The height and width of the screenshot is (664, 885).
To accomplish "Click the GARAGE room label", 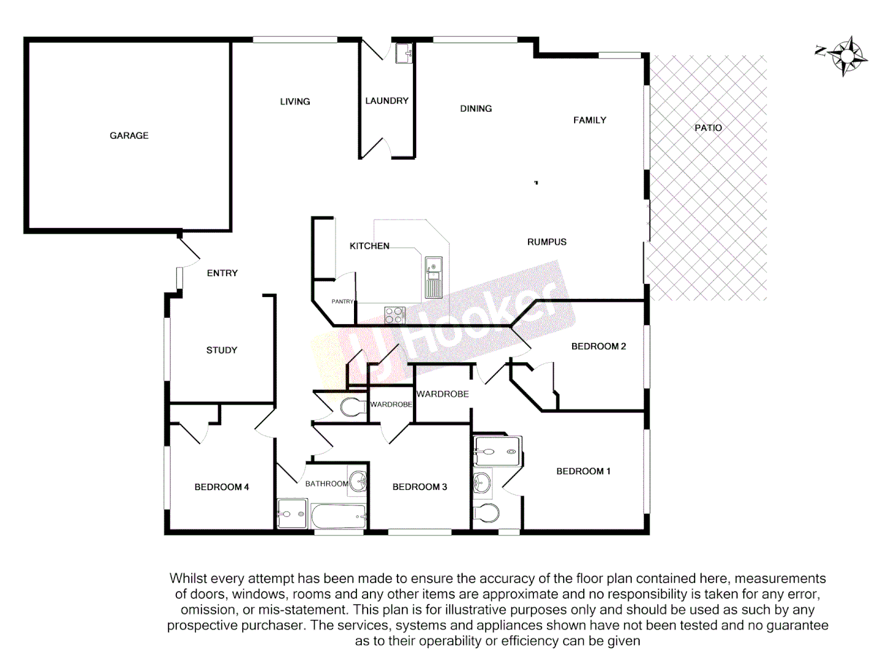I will click(x=129, y=135).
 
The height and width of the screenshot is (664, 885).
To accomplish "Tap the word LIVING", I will click(x=295, y=101).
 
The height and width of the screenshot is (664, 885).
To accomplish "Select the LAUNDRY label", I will click(x=387, y=101).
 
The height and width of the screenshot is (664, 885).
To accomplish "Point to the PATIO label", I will click(x=708, y=128).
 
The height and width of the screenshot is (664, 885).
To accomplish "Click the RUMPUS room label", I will click(x=546, y=242).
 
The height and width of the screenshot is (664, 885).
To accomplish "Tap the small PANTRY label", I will click(x=342, y=301).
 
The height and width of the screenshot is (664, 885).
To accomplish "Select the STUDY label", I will click(x=221, y=350).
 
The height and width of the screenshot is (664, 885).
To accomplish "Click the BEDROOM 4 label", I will click(x=221, y=487).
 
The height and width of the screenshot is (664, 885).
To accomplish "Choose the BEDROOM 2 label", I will click(x=599, y=347).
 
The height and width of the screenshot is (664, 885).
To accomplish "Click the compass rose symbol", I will click(x=846, y=56).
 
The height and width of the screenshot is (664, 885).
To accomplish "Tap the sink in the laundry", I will click(x=404, y=53).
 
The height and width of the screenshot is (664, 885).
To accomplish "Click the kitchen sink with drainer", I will click(x=433, y=277).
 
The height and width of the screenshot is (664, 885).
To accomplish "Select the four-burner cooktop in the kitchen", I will click(x=394, y=315).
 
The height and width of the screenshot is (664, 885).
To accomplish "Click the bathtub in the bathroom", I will click(x=338, y=516).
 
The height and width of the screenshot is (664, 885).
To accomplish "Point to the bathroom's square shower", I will click(x=291, y=513).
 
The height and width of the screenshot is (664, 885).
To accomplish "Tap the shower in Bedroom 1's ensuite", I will click(x=497, y=451).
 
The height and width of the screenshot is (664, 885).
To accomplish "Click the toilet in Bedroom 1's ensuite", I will click(x=487, y=513).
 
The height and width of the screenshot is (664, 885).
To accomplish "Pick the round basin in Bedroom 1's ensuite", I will click(x=482, y=483).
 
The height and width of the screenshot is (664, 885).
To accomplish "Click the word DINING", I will click(x=476, y=109).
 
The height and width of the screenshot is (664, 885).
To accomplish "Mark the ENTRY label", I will click(x=222, y=273).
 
